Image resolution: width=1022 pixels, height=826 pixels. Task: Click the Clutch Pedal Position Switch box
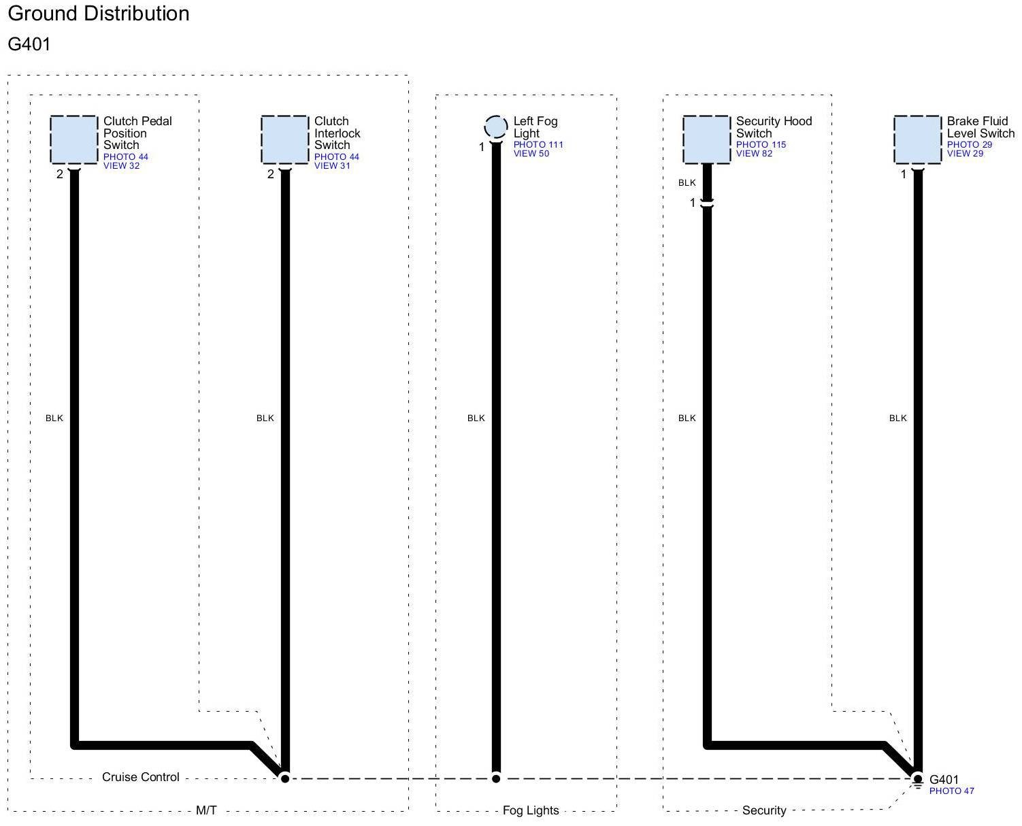(x=73, y=139)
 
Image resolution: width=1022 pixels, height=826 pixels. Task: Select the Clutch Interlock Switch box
(x=284, y=139)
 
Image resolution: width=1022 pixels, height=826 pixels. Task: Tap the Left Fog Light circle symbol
(x=496, y=127)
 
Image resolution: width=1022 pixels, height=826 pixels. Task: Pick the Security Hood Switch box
(x=706, y=139)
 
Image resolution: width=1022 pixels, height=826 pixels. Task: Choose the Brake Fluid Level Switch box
(x=917, y=139)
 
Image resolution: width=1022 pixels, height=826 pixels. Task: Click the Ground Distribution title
(x=99, y=14)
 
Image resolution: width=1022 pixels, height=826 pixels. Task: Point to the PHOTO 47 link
(x=951, y=791)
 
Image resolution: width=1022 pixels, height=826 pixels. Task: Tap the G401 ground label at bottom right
(x=944, y=780)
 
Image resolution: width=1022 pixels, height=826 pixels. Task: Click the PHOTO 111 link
(x=538, y=145)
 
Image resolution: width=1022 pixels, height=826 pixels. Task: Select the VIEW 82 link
(x=754, y=154)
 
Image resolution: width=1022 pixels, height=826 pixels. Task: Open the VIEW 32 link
(x=121, y=166)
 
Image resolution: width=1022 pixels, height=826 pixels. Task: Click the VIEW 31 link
(x=332, y=166)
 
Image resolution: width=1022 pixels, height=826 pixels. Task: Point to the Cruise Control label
(x=141, y=777)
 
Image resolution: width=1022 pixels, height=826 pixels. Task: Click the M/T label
(x=206, y=810)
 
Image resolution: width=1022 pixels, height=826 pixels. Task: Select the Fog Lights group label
(x=531, y=810)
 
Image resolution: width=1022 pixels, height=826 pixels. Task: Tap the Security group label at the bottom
(x=764, y=810)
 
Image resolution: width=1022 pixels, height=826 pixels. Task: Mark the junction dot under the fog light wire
(x=496, y=778)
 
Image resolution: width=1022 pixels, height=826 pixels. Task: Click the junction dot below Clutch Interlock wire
(x=285, y=778)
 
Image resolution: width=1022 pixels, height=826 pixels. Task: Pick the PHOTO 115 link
(x=761, y=145)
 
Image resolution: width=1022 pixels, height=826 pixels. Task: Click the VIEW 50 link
(x=531, y=154)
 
